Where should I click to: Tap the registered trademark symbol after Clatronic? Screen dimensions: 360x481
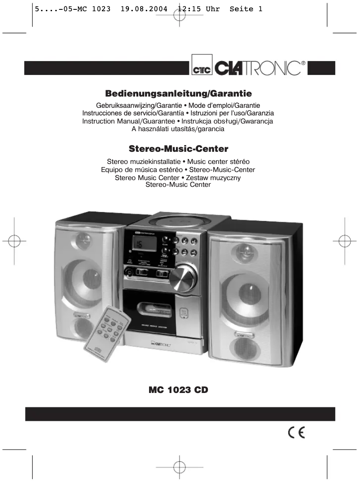(304, 63)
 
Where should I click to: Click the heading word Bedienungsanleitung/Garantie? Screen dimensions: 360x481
(178, 94)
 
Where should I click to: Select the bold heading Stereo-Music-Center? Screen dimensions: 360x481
(179, 148)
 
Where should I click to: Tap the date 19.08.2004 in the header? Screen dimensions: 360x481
(145, 9)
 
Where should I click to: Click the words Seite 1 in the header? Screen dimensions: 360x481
(246, 9)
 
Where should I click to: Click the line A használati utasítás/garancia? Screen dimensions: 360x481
(178, 129)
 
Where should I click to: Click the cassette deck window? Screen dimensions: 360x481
(151, 309)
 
